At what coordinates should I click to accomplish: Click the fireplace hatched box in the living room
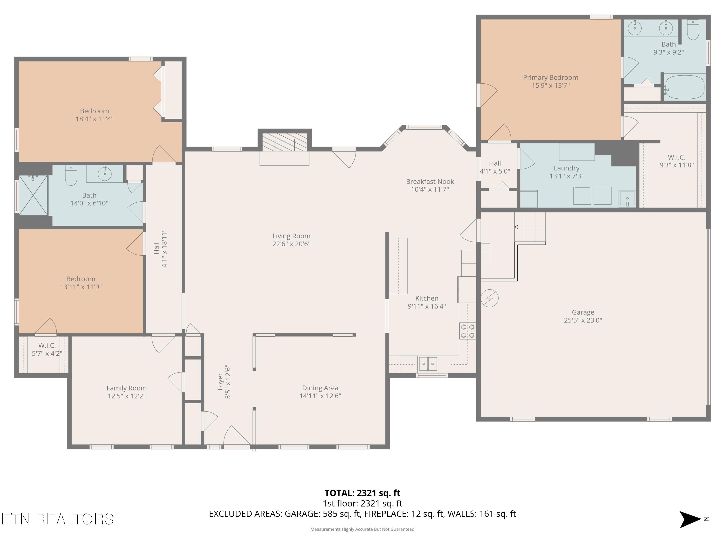(284, 142)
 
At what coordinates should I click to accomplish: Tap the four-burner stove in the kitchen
(467, 331)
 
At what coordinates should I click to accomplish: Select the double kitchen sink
(428, 364)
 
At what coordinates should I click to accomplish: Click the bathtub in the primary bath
(684, 87)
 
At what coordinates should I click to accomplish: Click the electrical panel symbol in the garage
(490, 298)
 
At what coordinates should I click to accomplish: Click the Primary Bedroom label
(551, 77)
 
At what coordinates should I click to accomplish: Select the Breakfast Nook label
(430, 181)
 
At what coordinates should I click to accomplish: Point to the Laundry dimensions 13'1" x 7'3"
(567, 176)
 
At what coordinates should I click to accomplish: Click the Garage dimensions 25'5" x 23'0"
(583, 320)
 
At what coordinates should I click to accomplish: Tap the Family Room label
(127, 388)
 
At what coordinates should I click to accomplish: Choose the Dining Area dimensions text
(320, 396)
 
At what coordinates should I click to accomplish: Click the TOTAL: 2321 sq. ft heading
(362, 493)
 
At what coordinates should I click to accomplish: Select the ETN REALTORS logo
(58, 519)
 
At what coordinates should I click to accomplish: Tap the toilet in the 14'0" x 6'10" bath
(71, 176)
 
